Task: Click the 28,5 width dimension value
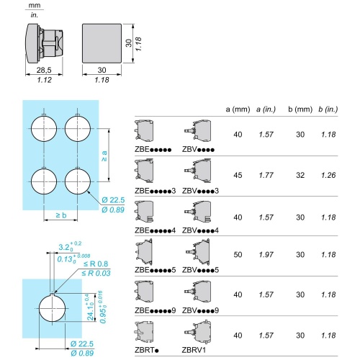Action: click(x=44, y=70)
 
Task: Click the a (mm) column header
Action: click(x=238, y=109)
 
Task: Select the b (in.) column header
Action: click(x=328, y=109)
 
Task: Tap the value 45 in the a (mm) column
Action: click(x=238, y=175)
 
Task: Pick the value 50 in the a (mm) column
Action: click(x=238, y=254)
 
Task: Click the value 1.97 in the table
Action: click(x=266, y=254)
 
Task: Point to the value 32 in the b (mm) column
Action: click(x=300, y=175)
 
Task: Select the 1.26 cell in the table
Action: click(x=328, y=175)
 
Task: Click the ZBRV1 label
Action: click(x=194, y=350)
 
